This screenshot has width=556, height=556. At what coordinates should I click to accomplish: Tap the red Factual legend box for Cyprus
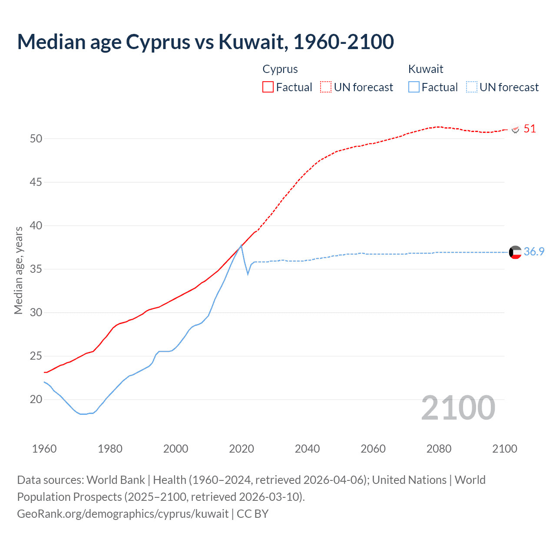tap(268, 87)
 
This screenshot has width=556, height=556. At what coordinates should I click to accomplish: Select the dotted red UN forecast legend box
tap(326, 87)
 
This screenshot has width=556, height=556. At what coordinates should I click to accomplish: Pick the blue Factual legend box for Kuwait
tap(414, 87)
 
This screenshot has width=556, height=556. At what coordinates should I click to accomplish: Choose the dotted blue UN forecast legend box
tap(472, 87)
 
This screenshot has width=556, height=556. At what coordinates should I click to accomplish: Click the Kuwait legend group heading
tap(426, 69)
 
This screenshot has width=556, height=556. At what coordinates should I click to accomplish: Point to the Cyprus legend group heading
tap(280, 69)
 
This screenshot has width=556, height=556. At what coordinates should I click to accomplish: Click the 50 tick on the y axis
tap(36, 139)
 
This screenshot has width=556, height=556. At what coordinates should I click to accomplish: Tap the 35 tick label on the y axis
tap(36, 269)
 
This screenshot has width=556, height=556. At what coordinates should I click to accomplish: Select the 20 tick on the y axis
tap(36, 399)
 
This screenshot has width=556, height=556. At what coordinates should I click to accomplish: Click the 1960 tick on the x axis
tap(44, 449)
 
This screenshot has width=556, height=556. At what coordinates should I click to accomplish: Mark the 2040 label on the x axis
tap(307, 449)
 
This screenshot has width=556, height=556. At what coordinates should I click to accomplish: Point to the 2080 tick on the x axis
tap(439, 449)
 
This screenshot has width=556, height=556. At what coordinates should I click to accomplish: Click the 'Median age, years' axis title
tap(18, 270)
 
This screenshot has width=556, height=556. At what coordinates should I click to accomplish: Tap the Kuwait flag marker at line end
tap(515, 252)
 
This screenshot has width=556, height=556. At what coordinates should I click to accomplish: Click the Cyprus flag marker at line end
tap(516, 129)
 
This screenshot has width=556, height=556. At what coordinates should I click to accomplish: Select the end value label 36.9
tap(534, 252)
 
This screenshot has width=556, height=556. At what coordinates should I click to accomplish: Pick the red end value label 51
tap(530, 129)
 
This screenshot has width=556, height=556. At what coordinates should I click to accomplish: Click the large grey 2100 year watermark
tap(458, 407)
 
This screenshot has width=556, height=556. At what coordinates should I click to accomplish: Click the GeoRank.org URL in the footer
tap(122, 513)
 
